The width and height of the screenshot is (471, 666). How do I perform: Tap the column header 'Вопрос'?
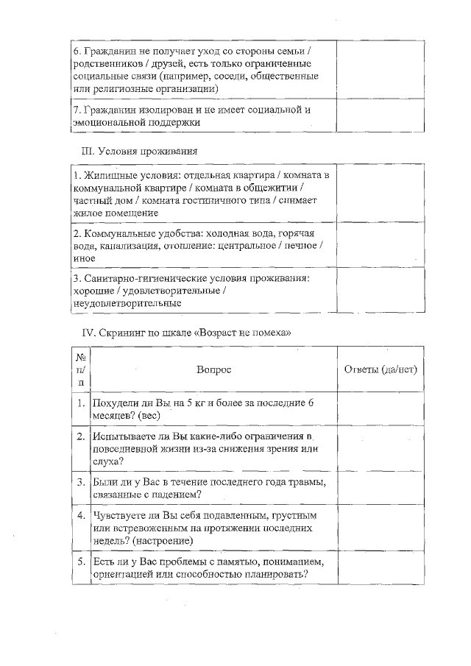coord(213,369)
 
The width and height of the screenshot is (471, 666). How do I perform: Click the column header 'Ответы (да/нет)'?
coord(380,369)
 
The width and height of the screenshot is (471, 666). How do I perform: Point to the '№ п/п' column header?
coord(80,369)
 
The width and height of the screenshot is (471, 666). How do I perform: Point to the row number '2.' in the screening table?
coord(81,436)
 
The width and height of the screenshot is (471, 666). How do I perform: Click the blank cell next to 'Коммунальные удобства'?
coord(380,245)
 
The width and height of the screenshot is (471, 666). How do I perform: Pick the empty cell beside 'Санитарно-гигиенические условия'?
coord(380,290)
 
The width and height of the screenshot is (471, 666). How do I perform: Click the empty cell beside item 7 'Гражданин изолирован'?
coord(380,116)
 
